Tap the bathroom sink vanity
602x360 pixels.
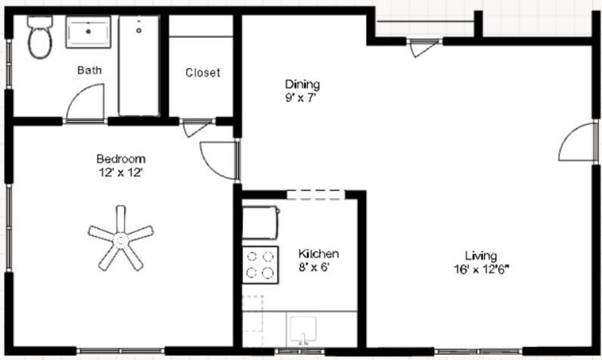(x=88, y=33)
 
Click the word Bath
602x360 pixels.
(x=89, y=70)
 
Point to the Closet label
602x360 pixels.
(x=203, y=73)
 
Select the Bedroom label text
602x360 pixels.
(x=120, y=159)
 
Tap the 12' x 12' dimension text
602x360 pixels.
(x=120, y=172)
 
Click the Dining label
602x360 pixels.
(x=302, y=83)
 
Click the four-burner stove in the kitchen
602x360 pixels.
(x=259, y=265)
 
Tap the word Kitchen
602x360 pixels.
(x=318, y=253)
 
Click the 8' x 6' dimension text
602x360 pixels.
(x=314, y=266)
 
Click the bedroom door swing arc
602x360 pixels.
(x=219, y=160)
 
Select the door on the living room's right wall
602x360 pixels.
(x=576, y=142)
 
